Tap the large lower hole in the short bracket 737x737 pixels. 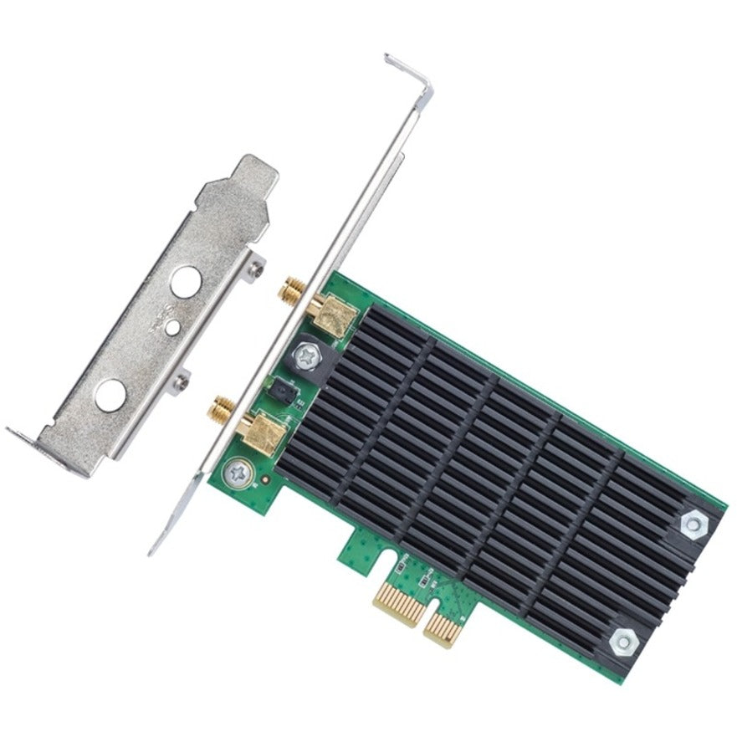click(x=109, y=396)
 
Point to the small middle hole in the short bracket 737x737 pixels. click(x=171, y=329)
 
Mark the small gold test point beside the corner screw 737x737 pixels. click(x=264, y=482)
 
